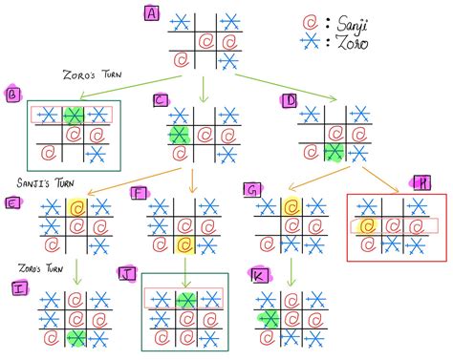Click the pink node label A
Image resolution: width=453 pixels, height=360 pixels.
point(151,12)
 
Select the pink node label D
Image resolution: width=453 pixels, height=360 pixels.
point(288,100)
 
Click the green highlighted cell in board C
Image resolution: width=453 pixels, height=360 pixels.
point(177,135)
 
